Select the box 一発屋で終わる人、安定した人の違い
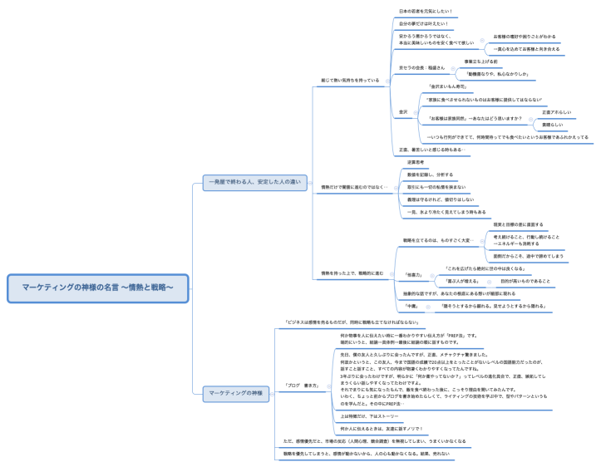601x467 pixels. click(x=254, y=181)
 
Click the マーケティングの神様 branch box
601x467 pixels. click(x=235, y=391)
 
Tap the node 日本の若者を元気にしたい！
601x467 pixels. click(x=426, y=12)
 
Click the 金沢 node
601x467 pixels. click(x=403, y=111)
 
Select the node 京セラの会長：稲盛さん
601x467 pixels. click(x=422, y=67)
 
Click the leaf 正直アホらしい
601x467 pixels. click(x=556, y=111)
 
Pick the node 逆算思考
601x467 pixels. click(x=416, y=162)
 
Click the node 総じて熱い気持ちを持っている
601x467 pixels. click(x=350, y=81)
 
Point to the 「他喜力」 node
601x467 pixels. click(x=413, y=274)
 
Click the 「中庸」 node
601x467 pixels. click(x=411, y=306)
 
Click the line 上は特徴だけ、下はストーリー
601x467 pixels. click(x=370, y=415)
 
